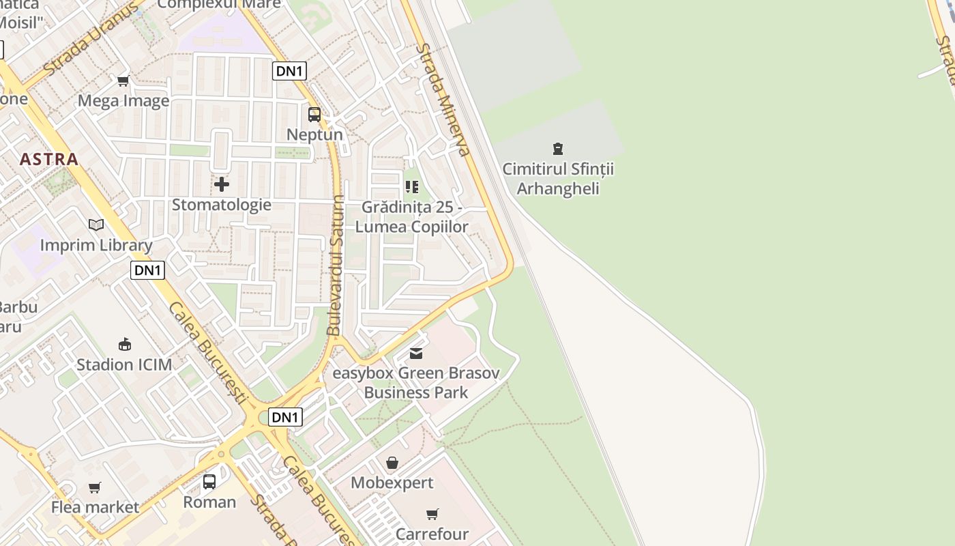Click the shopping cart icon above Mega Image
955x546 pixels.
click(123, 81)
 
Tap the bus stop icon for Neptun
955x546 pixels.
click(314, 115)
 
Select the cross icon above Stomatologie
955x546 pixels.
click(222, 184)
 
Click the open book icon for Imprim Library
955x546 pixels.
click(96, 225)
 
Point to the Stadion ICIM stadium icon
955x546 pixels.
click(124, 344)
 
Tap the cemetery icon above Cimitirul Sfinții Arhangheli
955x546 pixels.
click(558, 148)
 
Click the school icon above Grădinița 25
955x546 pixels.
click(412, 186)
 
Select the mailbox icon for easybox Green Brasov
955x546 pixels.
click(416, 353)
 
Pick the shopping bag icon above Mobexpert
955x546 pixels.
click(392, 463)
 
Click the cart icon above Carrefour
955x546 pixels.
click(432, 514)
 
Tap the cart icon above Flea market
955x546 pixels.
click(95, 487)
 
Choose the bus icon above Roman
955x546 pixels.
click(209, 482)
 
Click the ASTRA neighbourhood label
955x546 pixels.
click(48, 160)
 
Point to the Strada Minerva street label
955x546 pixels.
click(445, 100)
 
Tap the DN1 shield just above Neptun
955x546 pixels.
click(289, 71)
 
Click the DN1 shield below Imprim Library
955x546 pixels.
click(147, 270)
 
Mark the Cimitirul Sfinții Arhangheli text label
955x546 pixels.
click(558, 178)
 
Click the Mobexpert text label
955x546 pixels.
click(392, 483)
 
